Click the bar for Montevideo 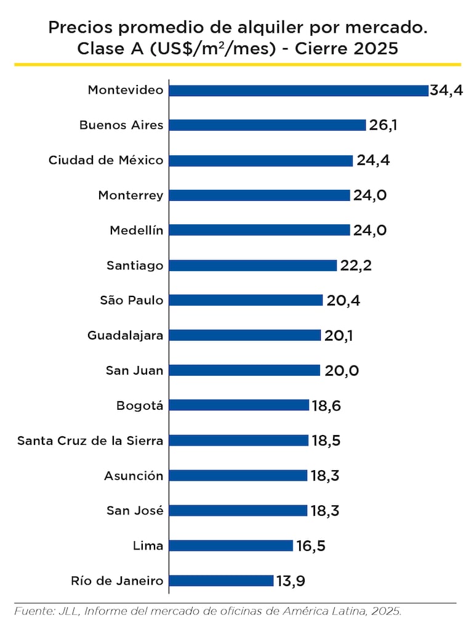pyautogui.click(x=299, y=91)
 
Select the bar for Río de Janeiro pyautogui.click(x=221, y=580)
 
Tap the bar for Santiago pyautogui.click(x=253, y=266)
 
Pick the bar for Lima pyautogui.click(x=231, y=545)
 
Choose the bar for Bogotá pyautogui.click(x=239, y=405)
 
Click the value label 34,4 pyautogui.click(x=446, y=91)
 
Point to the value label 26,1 pyautogui.click(x=383, y=125)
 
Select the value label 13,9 pyautogui.click(x=291, y=580)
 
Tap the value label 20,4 pyautogui.click(x=340, y=300)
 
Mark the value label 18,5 pyautogui.click(x=326, y=441)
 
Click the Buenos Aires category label pyautogui.click(x=121, y=125)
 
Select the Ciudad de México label pyautogui.click(x=106, y=160)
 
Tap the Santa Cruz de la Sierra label pyautogui.click(x=90, y=441)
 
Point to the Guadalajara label pyautogui.click(x=126, y=335)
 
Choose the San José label pyautogui.click(x=135, y=510)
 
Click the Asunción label pyautogui.click(x=134, y=476)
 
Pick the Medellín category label pyautogui.click(x=137, y=230)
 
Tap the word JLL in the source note pyautogui.click(x=68, y=611)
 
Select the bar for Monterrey pyautogui.click(x=259, y=195)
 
